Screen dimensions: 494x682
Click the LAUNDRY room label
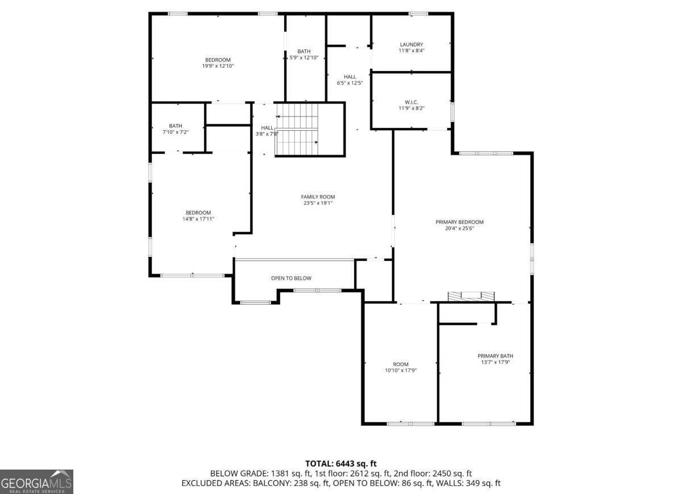click(x=411, y=44)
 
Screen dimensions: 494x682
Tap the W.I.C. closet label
click(x=411, y=102)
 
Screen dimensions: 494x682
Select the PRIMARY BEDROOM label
click(x=459, y=222)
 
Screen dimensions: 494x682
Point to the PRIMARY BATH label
click(x=495, y=356)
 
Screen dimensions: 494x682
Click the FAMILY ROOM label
click(x=318, y=197)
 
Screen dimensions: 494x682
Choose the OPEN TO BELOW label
click(x=291, y=278)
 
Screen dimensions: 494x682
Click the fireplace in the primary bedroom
click(x=471, y=296)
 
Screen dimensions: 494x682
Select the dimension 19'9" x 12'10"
click(x=218, y=66)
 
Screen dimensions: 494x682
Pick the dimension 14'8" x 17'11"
click(x=198, y=218)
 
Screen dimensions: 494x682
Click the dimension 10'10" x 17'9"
click(x=401, y=370)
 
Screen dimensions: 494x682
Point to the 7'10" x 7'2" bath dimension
click(x=176, y=132)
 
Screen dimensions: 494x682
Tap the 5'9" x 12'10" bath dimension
click(x=303, y=57)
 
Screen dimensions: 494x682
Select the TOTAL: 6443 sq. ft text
click(x=341, y=464)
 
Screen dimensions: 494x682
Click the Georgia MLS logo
click(x=37, y=481)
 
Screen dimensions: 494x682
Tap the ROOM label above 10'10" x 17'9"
click(x=401, y=364)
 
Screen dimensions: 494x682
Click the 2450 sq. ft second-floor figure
click(x=453, y=474)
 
